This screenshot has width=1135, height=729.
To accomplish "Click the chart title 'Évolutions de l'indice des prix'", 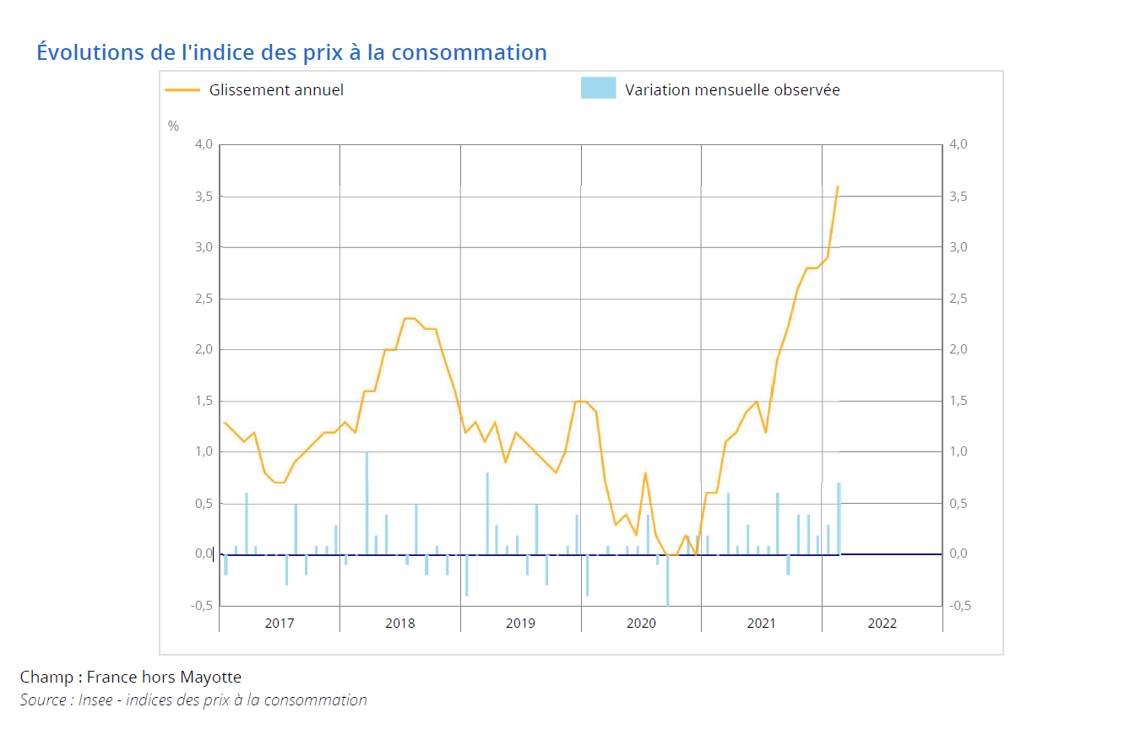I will tap(291, 52).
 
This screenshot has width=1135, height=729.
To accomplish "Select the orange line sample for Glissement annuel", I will tap(182, 89).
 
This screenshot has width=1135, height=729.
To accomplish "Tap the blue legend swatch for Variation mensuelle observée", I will tap(598, 88).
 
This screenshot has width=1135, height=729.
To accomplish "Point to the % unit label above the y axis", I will tap(173, 126).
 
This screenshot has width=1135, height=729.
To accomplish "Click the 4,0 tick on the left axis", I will tap(204, 145).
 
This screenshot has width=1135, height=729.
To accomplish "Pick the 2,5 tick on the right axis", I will tap(959, 299).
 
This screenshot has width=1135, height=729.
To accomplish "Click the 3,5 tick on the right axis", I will tap(959, 197).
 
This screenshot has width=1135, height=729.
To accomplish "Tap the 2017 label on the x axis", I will tap(280, 624).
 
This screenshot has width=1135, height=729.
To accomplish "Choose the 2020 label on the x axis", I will tap(641, 624).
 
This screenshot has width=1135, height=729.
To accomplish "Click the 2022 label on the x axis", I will tap(882, 624).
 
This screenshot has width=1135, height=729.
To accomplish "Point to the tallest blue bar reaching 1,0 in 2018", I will tap(367, 504).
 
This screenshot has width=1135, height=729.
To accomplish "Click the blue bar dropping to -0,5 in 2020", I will tap(667, 580).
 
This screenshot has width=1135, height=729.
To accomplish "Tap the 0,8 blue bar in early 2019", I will tap(487, 514).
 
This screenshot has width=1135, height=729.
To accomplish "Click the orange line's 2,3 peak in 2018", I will tap(410, 318).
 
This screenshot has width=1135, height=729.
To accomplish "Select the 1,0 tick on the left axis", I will tap(204, 452).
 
